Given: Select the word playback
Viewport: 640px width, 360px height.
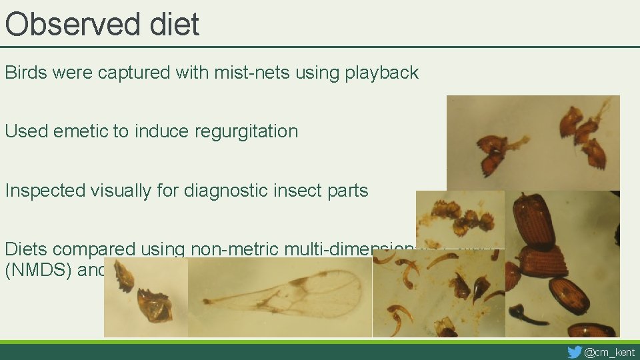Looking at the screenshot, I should click(x=381, y=73).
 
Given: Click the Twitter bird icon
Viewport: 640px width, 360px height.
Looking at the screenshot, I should click(x=574, y=352).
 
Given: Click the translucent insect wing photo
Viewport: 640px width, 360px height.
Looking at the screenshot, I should click(x=279, y=297).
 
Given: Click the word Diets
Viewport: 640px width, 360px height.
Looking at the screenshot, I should click(x=26, y=249).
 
